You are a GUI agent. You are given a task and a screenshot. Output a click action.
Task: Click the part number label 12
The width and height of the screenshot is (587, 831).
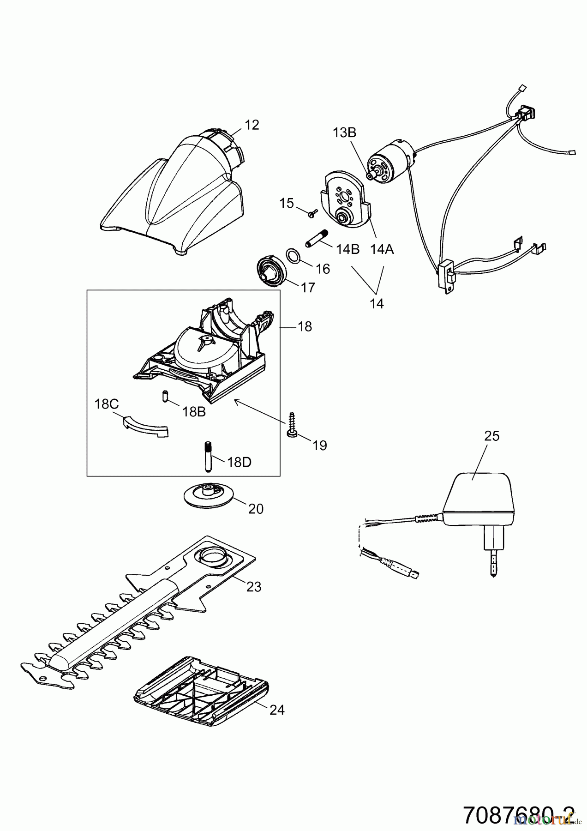(x=252, y=125)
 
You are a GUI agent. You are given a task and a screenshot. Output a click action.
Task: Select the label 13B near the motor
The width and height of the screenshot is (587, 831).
(x=345, y=132)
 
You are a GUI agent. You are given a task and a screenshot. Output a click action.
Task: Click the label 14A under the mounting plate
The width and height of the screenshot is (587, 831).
(x=382, y=249)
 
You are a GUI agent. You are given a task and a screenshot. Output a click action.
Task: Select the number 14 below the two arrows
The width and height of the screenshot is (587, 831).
(x=377, y=304)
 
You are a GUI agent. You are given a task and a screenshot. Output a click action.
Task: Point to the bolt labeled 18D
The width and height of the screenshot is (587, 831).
(x=207, y=456)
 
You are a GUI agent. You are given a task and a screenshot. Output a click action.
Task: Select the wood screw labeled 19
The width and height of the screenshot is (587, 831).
(x=292, y=424)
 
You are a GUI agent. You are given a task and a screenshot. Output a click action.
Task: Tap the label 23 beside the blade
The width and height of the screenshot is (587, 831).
(x=253, y=587)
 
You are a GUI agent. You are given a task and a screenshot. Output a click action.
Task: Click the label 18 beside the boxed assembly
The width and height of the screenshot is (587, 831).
(x=305, y=327)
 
